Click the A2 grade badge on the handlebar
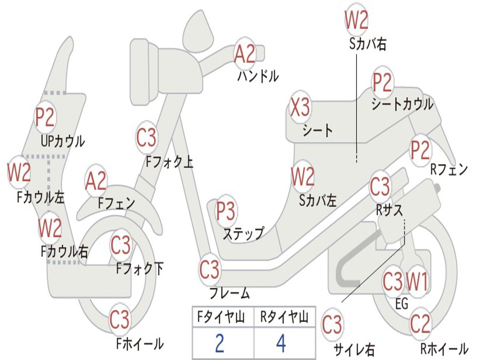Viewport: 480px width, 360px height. [244, 53]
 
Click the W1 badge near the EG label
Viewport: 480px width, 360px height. [417, 281]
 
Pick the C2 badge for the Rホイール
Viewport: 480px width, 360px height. [420, 323]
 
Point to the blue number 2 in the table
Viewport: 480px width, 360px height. [219, 343]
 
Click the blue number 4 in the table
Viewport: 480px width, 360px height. [281, 343]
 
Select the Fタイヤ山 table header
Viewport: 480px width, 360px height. [221, 316]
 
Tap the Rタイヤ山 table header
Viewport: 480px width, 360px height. [285, 316]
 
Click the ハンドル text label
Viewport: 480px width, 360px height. [258, 76]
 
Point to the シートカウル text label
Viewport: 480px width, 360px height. [402, 104]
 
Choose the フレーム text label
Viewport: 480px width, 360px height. [230, 293]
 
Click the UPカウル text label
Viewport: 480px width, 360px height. [63, 142]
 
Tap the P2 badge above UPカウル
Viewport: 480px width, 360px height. [45, 117]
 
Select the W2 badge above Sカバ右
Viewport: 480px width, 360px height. [356, 20]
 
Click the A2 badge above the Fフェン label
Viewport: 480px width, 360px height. [96, 181]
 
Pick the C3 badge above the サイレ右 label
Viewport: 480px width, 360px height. [332, 324]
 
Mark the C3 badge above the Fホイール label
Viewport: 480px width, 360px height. [120, 319]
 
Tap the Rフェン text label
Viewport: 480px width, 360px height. [449, 169]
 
